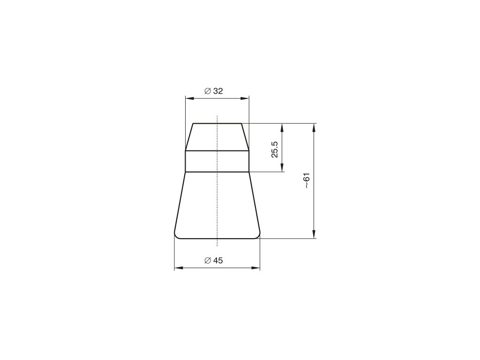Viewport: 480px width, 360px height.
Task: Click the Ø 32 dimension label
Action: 214,91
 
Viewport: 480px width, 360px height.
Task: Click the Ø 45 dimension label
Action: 214,261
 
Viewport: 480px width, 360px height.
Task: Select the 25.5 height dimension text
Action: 275,150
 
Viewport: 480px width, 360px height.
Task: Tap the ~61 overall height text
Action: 307,180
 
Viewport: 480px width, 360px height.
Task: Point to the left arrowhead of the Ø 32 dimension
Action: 190,98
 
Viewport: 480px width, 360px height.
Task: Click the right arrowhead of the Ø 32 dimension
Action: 245,98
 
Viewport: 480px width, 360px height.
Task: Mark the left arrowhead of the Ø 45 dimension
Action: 179,268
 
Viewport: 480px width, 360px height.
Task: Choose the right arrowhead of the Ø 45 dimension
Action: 255,268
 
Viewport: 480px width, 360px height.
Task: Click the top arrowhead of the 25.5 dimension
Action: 282,127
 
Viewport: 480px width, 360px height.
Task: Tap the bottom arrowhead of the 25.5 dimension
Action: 282,167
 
